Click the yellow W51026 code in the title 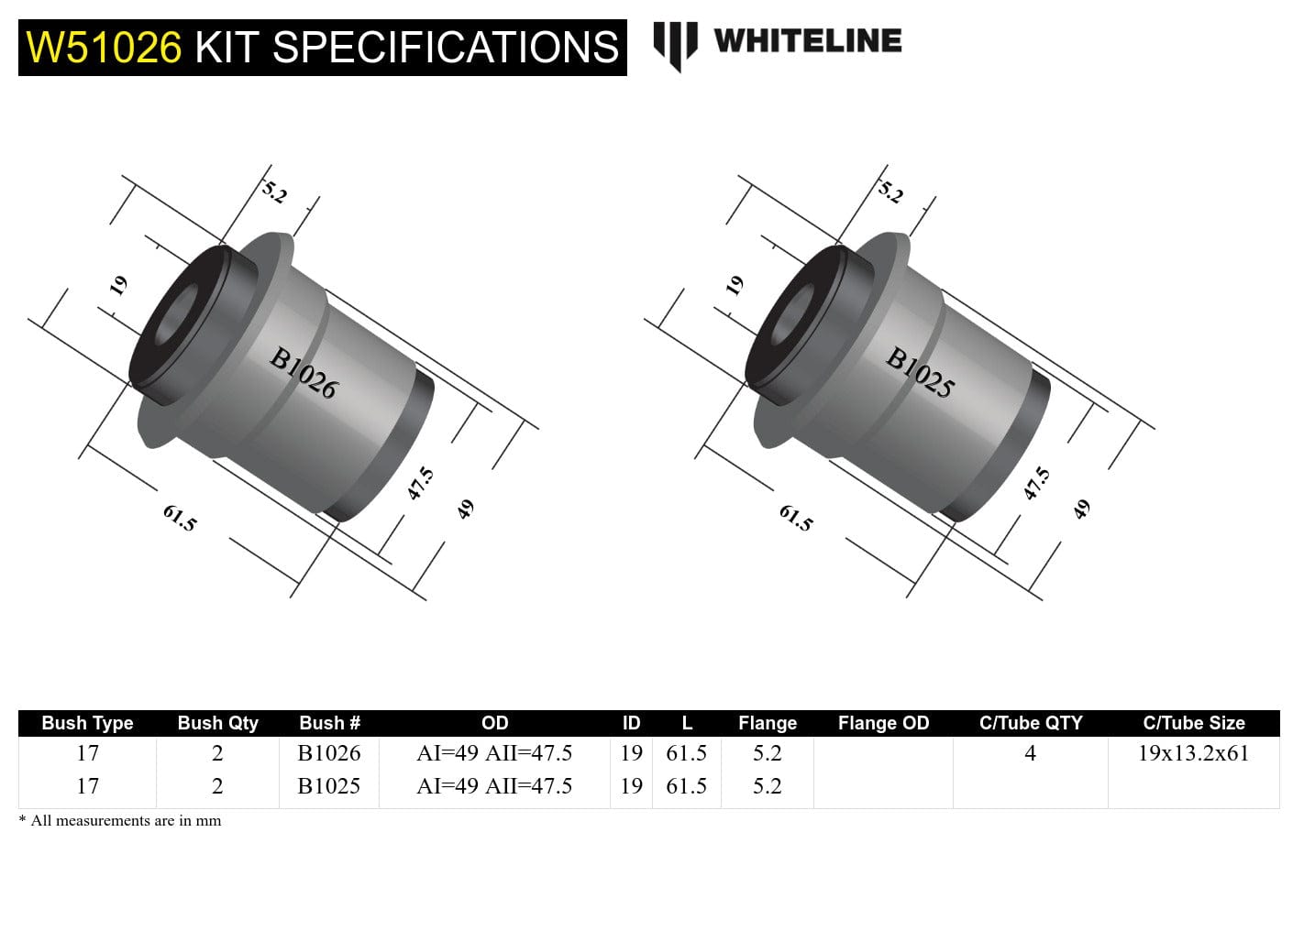[x=104, y=48]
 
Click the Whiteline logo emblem [x=676, y=45]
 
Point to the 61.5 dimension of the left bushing [x=180, y=518]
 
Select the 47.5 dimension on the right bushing [x=1036, y=483]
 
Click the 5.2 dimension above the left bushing [x=274, y=192]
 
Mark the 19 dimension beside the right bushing [x=735, y=286]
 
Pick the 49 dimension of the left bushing [x=466, y=509]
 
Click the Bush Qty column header [x=217, y=723]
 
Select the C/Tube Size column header [x=1193, y=723]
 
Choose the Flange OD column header [x=883, y=723]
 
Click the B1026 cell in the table [x=329, y=753]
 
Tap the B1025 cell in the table [x=329, y=786]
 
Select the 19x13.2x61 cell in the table [x=1193, y=753]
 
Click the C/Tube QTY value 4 [x=1030, y=753]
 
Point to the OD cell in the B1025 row [x=494, y=786]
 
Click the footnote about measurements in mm [x=120, y=820]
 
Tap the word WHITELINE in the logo [x=807, y=41]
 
